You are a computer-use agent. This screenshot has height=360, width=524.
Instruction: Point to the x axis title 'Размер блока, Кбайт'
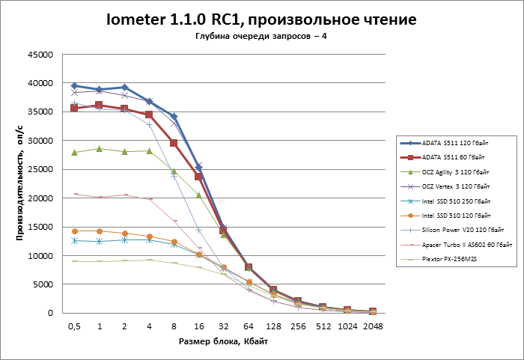(223, 341)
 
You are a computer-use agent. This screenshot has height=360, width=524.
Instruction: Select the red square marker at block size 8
(174, 143)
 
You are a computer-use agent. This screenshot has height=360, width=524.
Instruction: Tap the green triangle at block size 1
(100, 149)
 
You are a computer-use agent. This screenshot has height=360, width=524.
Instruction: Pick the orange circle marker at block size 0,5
(74, 231)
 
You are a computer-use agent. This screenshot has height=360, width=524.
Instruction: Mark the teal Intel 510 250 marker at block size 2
(124, 240)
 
